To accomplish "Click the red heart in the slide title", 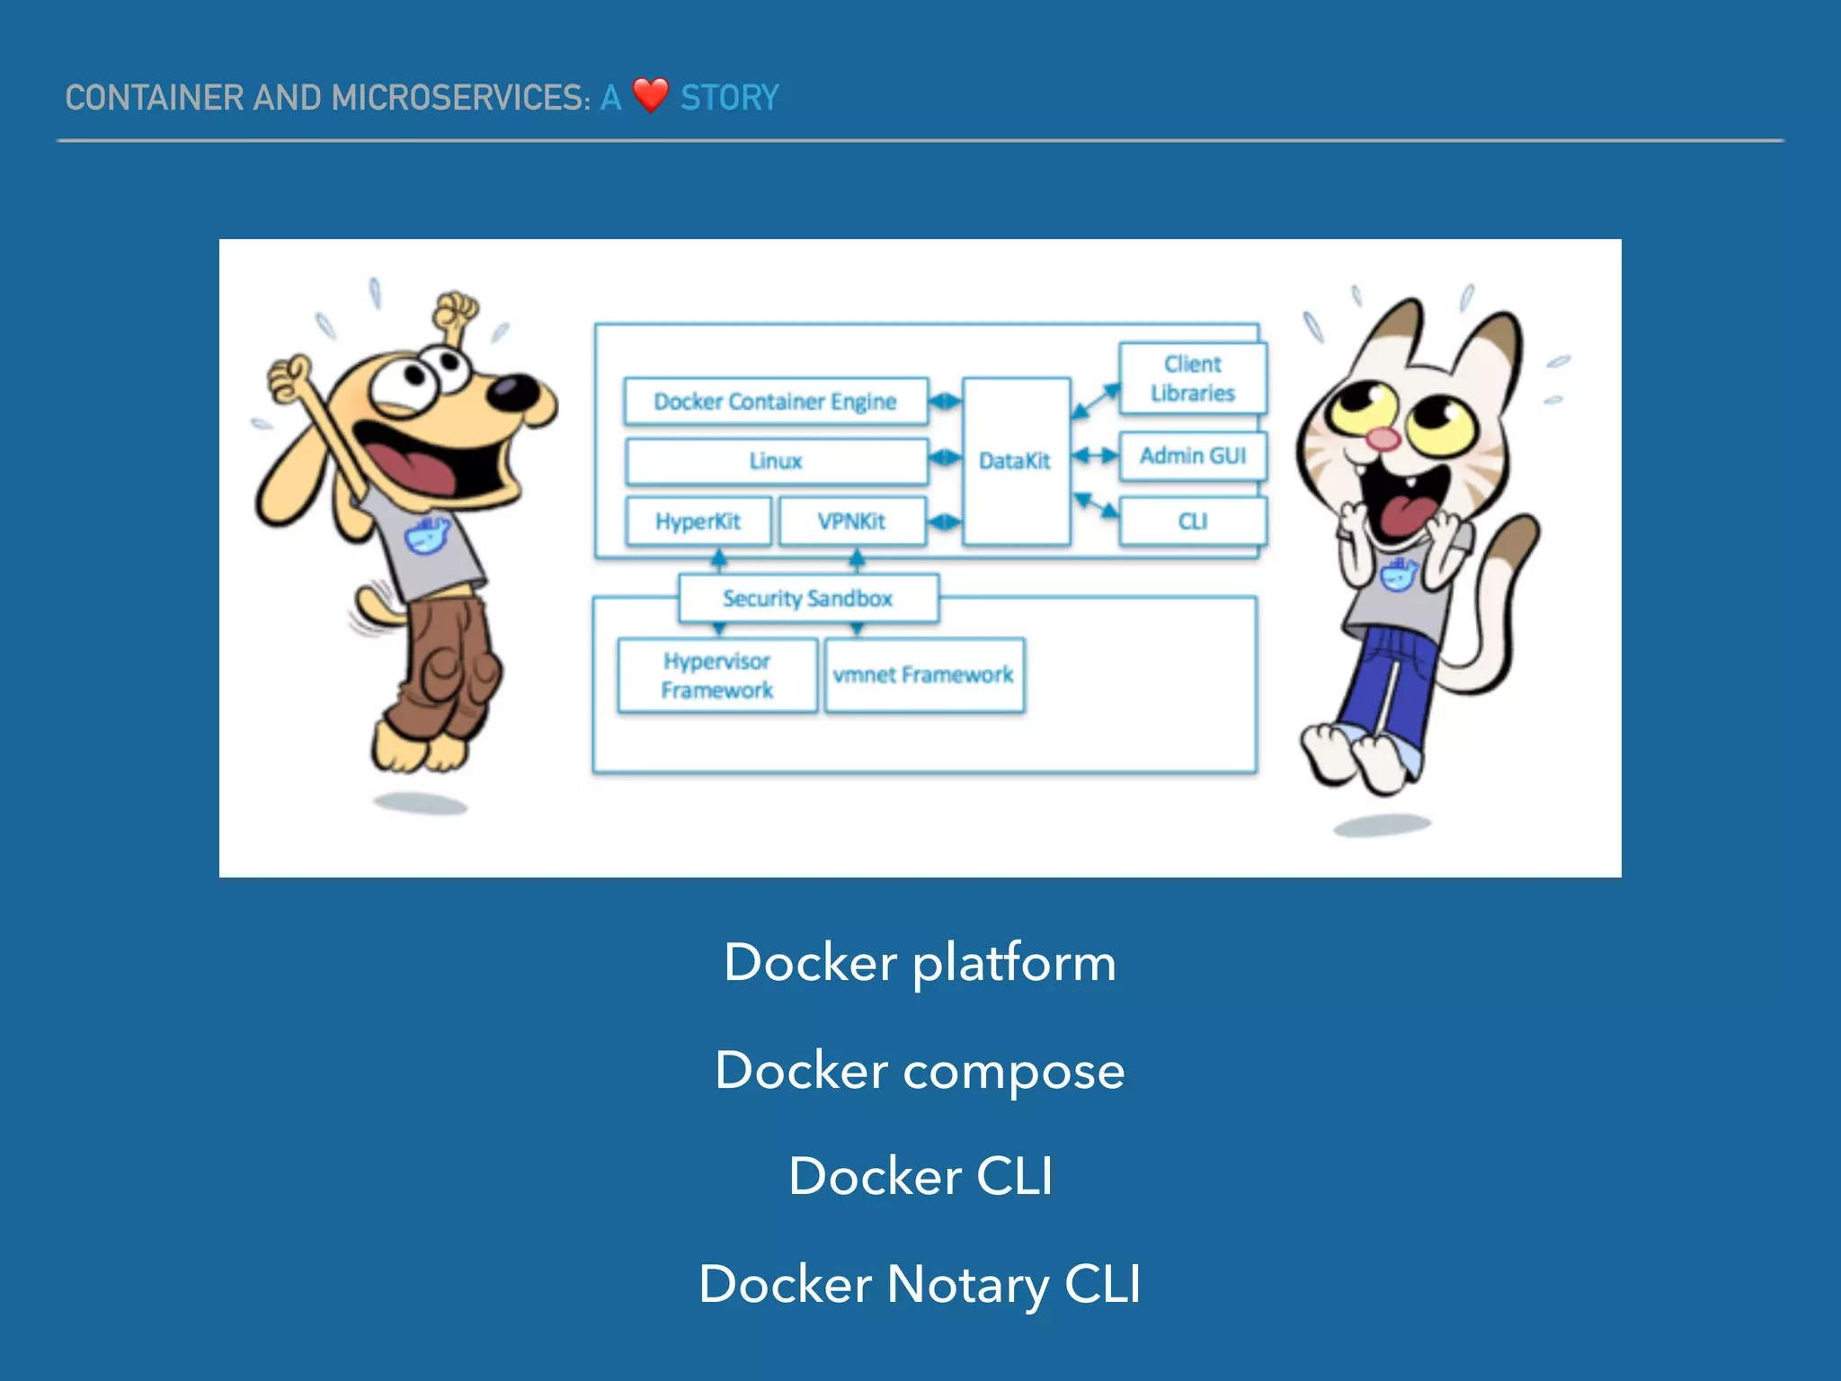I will [650, 95].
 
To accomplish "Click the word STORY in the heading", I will [729, 97].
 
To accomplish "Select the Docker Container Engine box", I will [775, 401].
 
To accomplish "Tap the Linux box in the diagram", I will [776, 461].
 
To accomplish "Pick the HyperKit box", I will [698, 521].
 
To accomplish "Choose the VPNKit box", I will [851, 521].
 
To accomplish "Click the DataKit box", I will [1015, 461].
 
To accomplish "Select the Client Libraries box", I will [1192, 379].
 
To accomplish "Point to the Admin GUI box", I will [1192, 456].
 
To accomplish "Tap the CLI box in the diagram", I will [1192, 521].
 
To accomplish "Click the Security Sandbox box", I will [807, 599].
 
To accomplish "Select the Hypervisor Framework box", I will [717, 675].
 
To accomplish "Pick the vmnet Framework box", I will [923, 675].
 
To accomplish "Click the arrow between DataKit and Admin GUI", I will [1095, 456].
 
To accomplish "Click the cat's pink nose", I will [1383, 439].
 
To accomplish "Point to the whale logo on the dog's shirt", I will [425, 535].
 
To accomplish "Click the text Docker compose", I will [920, 1070].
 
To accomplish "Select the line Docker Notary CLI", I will [920, 1284].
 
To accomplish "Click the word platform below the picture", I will [1014, 964].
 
